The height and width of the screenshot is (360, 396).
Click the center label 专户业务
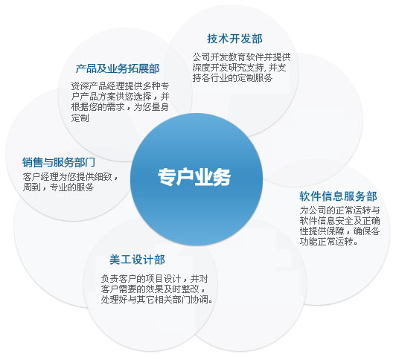pos(194,177)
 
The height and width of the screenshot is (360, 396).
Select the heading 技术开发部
pos(235,39)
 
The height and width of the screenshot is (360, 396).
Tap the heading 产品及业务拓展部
pos(118,68)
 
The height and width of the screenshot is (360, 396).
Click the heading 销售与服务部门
pos(59,162)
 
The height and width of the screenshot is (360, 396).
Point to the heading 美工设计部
pos(137,260)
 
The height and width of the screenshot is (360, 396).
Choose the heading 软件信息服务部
pos(338,196)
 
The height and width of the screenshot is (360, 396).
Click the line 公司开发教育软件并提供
pos(241,57)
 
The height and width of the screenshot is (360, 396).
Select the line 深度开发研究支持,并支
pos(240,68)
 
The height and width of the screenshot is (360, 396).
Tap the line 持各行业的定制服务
pos(232,77)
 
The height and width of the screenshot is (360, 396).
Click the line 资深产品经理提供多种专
pos(120,86)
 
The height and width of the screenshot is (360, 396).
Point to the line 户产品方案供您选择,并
pos(120,97)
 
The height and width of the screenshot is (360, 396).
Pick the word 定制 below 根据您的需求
pos(80,118)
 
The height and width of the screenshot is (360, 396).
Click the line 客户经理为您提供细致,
pos(70,177)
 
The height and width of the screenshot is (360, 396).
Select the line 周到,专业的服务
pos(58,187)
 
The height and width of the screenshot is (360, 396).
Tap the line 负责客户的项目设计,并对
pos(154,279)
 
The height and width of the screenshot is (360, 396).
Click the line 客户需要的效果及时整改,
pos(153,289)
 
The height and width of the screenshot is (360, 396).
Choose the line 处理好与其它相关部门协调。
pos(157,300)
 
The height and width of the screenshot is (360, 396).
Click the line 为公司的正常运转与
pos(340,210)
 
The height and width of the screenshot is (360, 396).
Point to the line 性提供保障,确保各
pos(340,231)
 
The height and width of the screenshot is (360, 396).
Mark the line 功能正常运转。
pos(329,242)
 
